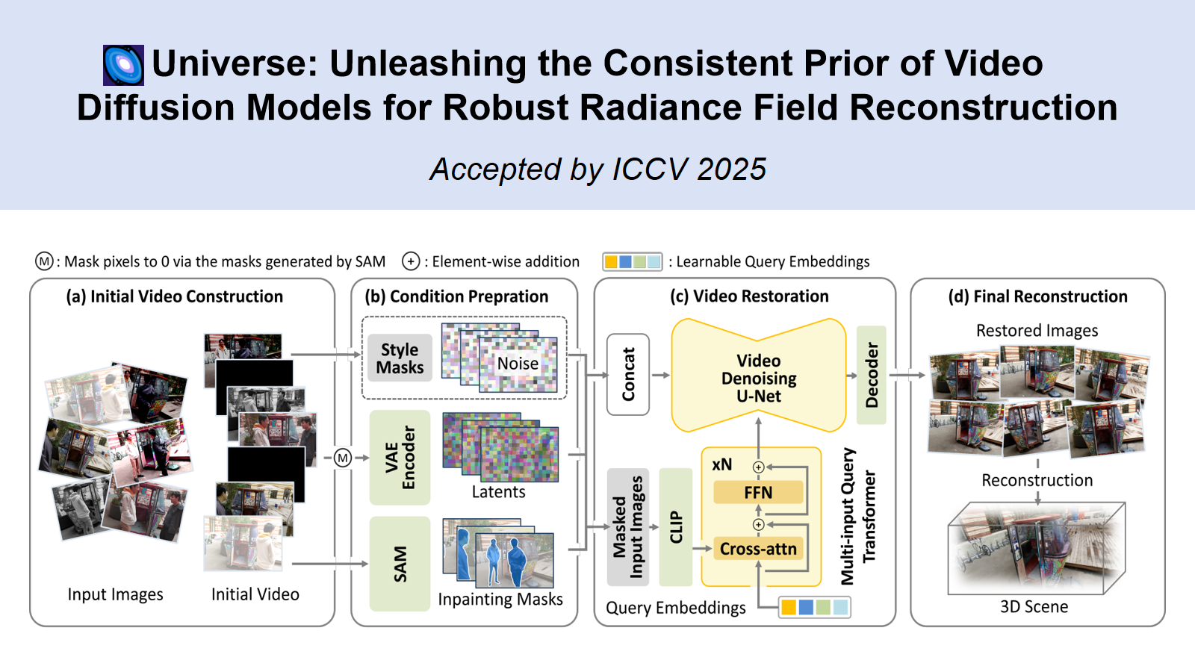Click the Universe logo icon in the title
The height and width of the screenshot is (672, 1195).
(x=123, y=65)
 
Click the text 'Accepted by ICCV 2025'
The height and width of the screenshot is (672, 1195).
(x=597, y=169)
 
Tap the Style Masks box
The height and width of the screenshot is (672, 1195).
(x=400, y=358)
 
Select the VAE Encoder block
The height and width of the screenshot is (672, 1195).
(x=400, y=457)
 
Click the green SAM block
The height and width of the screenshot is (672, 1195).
(x=400, y=564)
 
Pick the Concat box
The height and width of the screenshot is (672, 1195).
(x=628, y=374)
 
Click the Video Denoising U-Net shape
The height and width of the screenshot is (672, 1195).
(x=758, y=377)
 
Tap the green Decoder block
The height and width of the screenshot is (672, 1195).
(x=871, y=375)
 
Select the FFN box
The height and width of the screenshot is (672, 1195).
(x=758, y=493)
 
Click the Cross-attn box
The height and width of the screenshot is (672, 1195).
(x=758, y=549)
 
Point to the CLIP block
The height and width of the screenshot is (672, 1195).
(x=676, y=527)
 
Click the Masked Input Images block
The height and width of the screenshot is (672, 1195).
(x=627, y=527)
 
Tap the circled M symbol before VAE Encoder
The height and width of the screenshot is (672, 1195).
(x=342, y=458)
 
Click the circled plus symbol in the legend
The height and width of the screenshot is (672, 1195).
(x=411, y=261)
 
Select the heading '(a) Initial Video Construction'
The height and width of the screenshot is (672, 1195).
(x=175, y=296)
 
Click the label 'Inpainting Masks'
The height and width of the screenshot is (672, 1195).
(x=500, y=600)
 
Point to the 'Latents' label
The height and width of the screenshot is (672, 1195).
(x=498, y=492)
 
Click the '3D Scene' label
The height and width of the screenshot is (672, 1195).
(x=1034, y=607)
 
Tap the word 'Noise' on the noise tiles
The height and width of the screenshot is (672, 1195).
(x=518, y=364)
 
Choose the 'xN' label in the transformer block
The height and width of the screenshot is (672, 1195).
(x=721, y=464)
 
